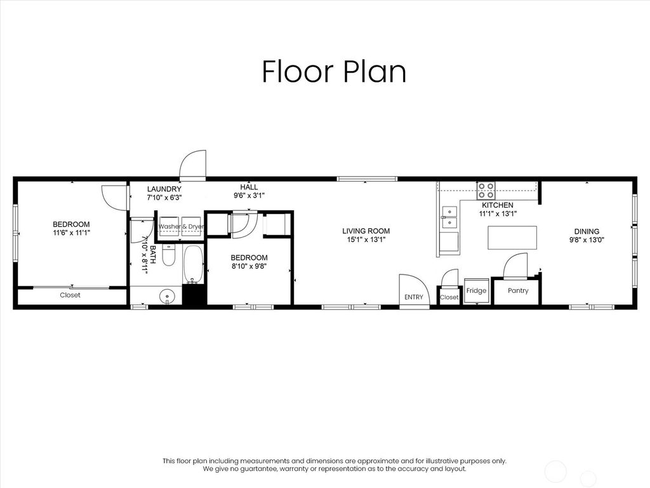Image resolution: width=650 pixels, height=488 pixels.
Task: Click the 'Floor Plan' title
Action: [x=334, y=72]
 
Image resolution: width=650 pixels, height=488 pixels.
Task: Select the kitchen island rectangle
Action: [x=512, y=238]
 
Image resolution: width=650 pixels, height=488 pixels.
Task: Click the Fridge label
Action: [x=476, y=291]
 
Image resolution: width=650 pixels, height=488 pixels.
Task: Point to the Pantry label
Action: [x=518, y=291]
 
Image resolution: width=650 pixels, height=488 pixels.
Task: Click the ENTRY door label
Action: [x=413, y=297]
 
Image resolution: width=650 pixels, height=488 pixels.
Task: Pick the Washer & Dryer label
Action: [x=181, y=226]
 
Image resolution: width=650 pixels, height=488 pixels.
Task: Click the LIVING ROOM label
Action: [x=366, y=231]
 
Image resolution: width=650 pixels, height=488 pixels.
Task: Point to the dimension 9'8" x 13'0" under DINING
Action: [x=587, y=240]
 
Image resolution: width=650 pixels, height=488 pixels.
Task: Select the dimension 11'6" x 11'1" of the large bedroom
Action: [x=71, y=233]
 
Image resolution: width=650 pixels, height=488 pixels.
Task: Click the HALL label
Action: [x=249, y=187]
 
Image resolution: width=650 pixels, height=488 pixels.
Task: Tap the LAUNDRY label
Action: [x=164, y=189]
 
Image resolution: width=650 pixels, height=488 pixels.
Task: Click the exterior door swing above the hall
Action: [x=193, y=165]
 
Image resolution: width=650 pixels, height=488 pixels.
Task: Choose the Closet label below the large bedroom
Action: [x=70, y=295]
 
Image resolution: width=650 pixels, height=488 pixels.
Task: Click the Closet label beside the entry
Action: [x=449, y=297]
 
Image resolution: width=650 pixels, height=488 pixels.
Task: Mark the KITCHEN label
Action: [x=498, y=205]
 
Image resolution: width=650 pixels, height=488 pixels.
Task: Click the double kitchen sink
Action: [x=449, y=216]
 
